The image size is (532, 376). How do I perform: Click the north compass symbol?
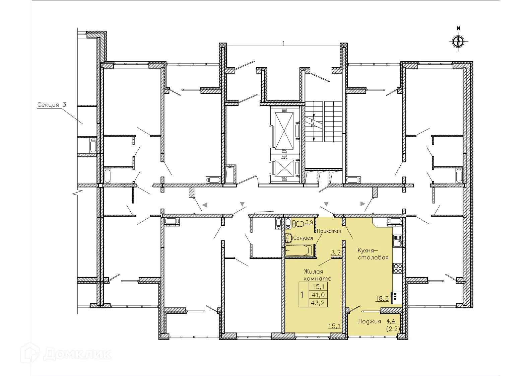point(458,42)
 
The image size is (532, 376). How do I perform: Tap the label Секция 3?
point(52,105)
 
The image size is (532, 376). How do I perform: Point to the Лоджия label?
point(369,321)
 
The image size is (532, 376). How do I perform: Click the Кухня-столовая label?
point(373,254)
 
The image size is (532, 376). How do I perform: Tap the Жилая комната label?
point(317,275)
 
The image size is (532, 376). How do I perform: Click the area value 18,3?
point(382,298)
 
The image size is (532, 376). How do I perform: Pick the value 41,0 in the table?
point(318,295)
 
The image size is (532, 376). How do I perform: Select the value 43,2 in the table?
point(318,303)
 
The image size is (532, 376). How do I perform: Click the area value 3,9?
point(309,222)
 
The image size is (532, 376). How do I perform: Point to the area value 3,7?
point(336,253)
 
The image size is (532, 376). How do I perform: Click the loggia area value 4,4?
point(391,321)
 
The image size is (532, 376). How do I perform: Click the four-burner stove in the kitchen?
point(397,268)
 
